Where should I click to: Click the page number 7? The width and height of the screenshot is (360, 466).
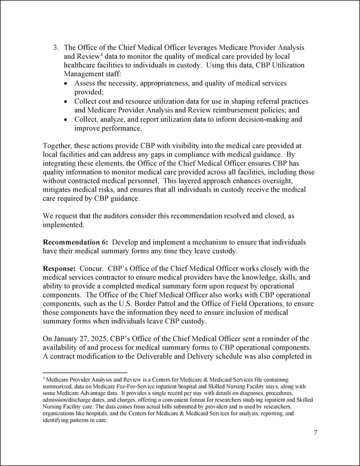pos(316,433)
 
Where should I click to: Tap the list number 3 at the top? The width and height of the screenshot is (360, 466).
pos(56,47)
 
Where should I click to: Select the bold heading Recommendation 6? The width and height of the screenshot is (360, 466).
pos(75,242)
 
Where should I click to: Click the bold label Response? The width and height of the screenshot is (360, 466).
pos(59,268)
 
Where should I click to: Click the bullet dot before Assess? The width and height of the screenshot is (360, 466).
pos(65,83)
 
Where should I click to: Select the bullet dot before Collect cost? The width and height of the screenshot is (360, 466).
pos(65,101)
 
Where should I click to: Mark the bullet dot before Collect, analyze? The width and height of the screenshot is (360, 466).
pos(65,119)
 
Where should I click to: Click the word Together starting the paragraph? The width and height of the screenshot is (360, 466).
pos(59,146)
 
